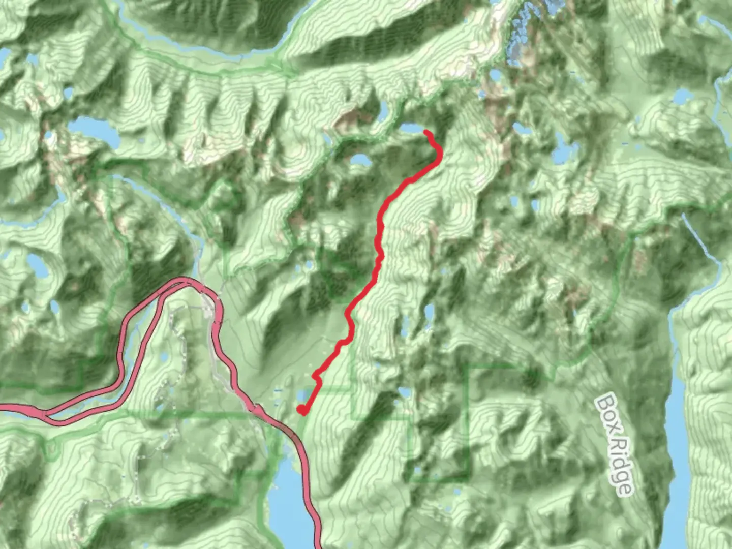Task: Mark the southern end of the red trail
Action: [301, 410]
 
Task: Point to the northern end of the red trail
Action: [426, 133]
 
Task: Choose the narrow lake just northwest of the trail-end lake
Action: [382, 109]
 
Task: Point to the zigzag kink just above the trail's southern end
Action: [316, 377]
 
